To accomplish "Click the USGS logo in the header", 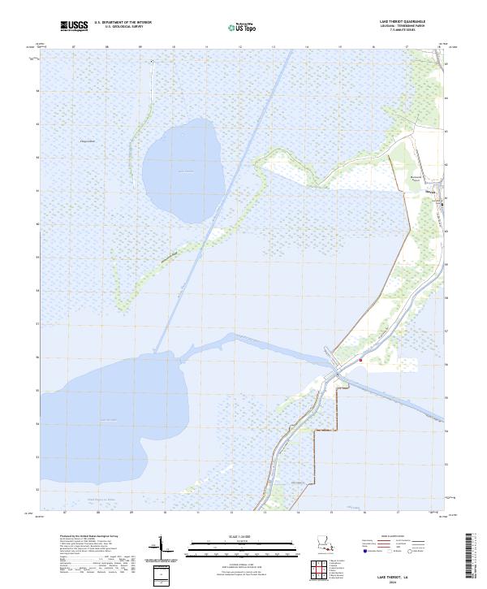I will [x=74, y=26].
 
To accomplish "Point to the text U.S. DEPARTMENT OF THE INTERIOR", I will [x=123, y=22].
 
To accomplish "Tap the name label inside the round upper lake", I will [x=183, y=171].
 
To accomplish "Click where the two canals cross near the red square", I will [x=335, y=373].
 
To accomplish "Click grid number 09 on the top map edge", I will [x=140, y=47].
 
